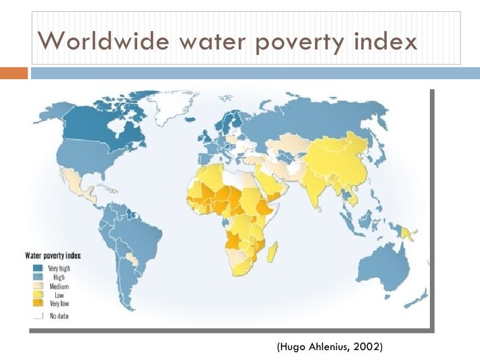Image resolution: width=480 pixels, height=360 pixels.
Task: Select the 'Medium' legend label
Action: tap(60, 286)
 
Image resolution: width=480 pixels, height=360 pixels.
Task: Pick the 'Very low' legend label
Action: tap(60, 303)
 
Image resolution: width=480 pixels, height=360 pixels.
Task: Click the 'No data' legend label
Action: tap(59, 316)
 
